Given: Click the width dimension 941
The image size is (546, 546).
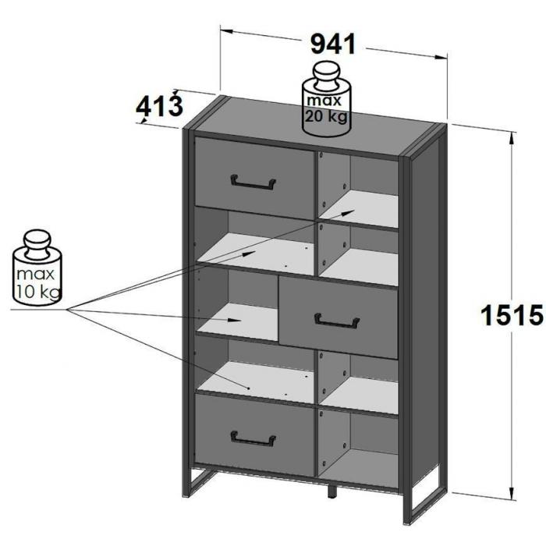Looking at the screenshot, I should tap(333, 44).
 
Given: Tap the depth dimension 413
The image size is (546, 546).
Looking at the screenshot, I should tap(158, 107).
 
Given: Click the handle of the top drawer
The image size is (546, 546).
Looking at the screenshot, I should tap(253, 183).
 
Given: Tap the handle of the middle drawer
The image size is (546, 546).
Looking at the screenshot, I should tap(337, 321).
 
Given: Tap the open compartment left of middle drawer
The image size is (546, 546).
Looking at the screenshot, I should tap(236, 305).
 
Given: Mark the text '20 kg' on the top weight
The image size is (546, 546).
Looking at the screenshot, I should tap(326, 118).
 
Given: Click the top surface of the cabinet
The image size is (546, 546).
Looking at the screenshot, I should tap(312, 129).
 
